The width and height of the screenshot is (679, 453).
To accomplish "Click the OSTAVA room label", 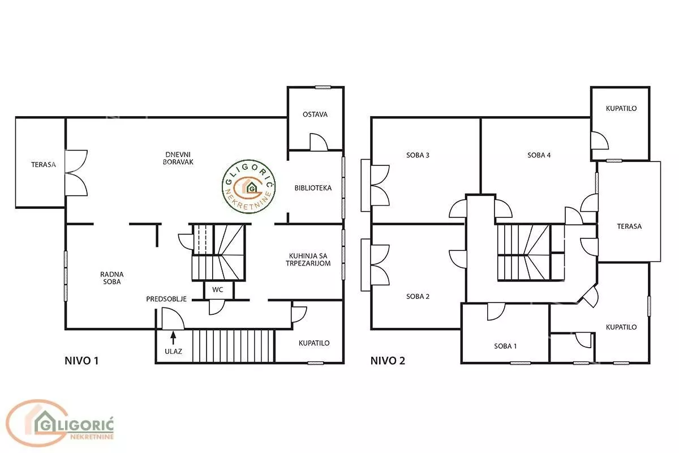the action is click(315, 114).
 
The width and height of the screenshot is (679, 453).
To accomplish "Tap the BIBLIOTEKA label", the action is click(313, 188).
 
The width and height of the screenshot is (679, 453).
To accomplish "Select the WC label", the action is click(218, 290).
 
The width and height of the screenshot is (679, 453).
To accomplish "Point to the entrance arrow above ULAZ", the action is click(173, 337).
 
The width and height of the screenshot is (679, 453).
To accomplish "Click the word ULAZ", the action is click(173, 351).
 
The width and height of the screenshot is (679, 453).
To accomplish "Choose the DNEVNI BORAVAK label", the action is click(178, 159).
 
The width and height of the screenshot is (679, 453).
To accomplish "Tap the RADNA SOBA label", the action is click(112, 278).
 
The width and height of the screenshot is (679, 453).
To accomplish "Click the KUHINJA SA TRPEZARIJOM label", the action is click(308, 260).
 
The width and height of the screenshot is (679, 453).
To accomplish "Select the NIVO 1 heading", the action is click(81, 361).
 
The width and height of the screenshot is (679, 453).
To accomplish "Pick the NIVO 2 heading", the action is click(388, 361).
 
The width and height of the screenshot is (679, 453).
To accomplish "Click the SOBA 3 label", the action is click(418, 155).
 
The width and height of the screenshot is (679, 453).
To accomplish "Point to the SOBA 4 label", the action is click(539, 155).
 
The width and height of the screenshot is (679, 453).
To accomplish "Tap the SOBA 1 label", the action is click(505, 346).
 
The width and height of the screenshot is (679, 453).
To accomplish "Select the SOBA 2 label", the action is click(418, 297).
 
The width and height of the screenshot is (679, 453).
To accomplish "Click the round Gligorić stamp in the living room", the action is click(249, 187).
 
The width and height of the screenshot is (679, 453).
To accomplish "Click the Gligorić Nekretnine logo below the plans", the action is click(60, 423).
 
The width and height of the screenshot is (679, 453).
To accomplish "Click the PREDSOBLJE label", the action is click(166, 299).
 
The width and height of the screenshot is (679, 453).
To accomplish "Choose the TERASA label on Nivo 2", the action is click(629, 226).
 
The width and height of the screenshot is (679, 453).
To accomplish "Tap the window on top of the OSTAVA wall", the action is click(323, 87).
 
